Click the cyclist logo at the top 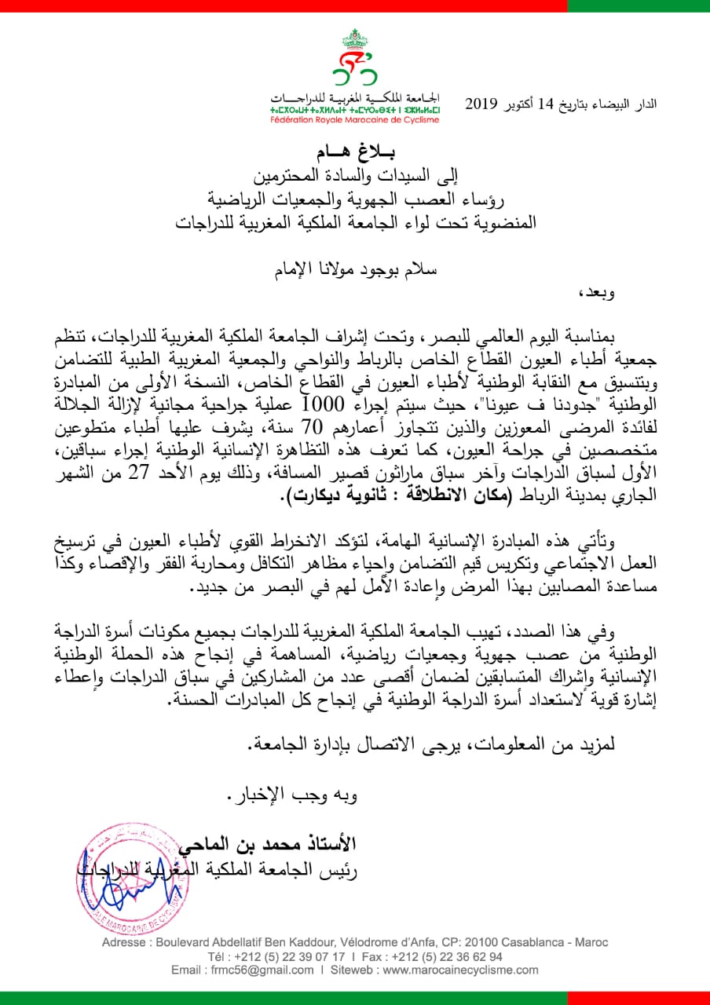coord(354,59)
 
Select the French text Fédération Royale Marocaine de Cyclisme coord(354,120)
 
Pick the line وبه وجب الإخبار coord(292,798)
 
